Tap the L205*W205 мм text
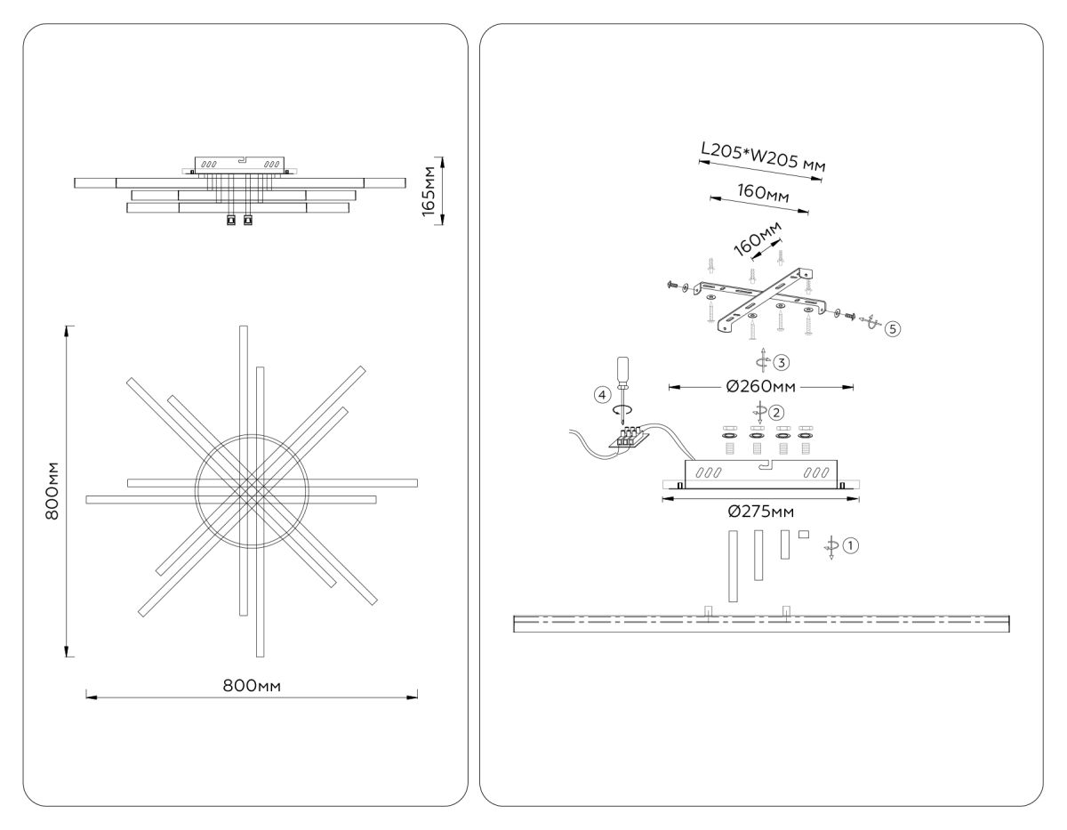[x=763, y=159]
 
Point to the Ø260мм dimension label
[x=759, y=387]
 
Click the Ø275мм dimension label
[x=760, y=512]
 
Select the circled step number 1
[x=850, y=546]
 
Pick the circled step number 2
[x=777, y=412]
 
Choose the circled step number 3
[x=781, y=362]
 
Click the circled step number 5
[x=893, y=327]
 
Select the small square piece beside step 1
[x=803, y=534]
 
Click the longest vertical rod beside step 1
[x=732, y=566]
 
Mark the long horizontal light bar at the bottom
[x=762, y=623]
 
